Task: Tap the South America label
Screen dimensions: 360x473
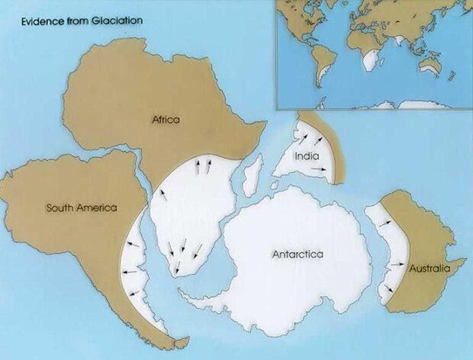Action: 80,207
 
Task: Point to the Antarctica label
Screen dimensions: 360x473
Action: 298,253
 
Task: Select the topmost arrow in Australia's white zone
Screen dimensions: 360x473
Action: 385,221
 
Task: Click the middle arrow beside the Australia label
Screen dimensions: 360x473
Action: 395,264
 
